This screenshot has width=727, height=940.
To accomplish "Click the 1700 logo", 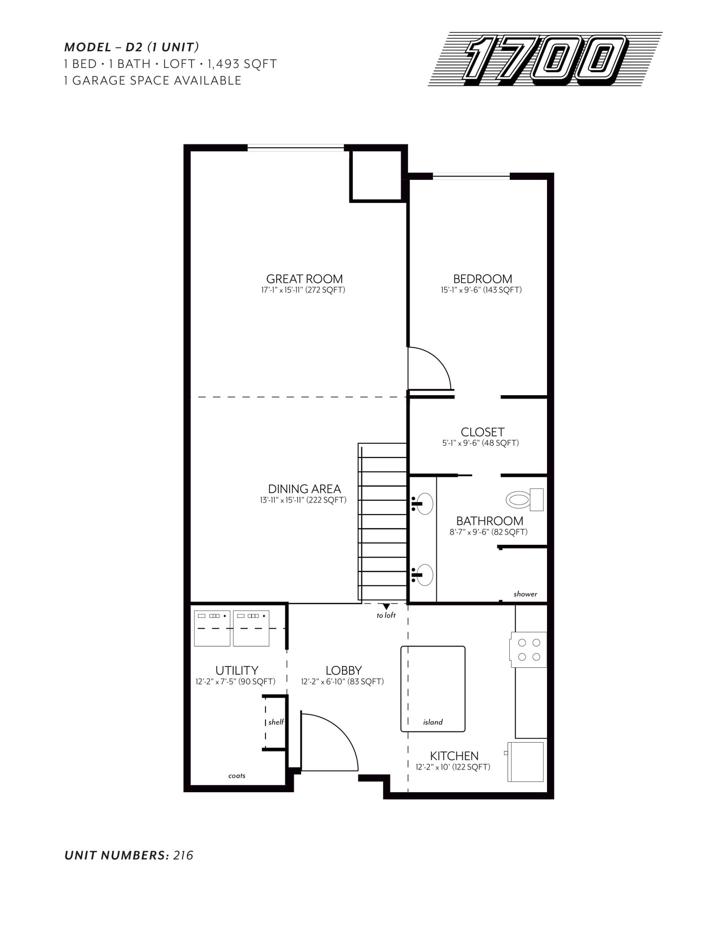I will tap(545, 59).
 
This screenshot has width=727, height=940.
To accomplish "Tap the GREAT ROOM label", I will tap(304, 279).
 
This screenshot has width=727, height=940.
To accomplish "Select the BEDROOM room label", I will tap(482, 279).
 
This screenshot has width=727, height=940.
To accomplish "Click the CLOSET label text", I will tap(482, 432).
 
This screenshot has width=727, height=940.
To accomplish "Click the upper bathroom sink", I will tap(424, 504).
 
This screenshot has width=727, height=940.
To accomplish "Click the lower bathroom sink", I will tap(424, 575).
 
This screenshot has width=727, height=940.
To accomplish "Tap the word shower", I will tap(525, 594).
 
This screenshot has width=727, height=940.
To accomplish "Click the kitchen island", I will tap(433, 688).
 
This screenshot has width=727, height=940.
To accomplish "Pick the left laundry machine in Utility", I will tap(212, 628).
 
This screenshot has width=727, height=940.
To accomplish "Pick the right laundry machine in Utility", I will tap(251, 628).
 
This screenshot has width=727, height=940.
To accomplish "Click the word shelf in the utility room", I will tap(276, 722).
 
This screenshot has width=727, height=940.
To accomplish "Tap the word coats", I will tap(237, 776).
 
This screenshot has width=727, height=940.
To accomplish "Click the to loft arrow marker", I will tap(386, 607).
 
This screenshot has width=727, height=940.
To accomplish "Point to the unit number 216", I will tap(183, 856).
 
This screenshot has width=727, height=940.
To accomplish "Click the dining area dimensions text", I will tap(303, 500).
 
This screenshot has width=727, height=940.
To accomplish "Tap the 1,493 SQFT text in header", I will tap(242, 64).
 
